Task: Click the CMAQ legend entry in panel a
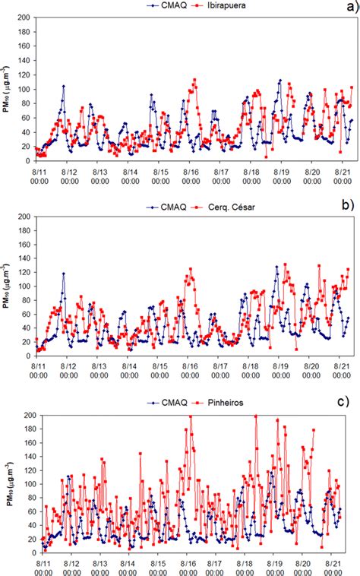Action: click(x=159, y=6)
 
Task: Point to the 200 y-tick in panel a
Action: click(x=24, y=17)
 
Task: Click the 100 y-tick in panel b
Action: click(x=24, y=285)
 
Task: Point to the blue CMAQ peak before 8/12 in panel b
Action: click(x=64, y=274)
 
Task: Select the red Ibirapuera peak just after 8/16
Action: click(x=195, y=79)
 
